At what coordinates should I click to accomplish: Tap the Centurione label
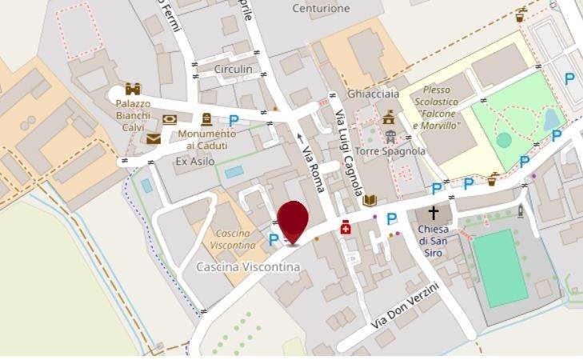(321, 9)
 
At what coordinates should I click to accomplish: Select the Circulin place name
(233, 70)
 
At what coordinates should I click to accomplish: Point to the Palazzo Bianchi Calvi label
(133, 115)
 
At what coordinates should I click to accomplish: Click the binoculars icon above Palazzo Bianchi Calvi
(133, 89)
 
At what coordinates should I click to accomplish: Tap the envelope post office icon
(154, 139)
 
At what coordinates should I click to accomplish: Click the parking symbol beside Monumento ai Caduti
(234, 121)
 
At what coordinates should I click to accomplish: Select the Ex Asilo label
(195, 161)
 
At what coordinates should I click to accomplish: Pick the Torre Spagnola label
(401, 151)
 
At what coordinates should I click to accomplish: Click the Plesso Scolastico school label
(437, 107)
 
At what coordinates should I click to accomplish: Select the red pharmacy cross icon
(345, 228)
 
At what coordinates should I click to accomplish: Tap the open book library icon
(369, 200)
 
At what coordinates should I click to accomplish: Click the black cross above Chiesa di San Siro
(433, 213)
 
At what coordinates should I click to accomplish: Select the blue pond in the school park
(551, 121)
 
